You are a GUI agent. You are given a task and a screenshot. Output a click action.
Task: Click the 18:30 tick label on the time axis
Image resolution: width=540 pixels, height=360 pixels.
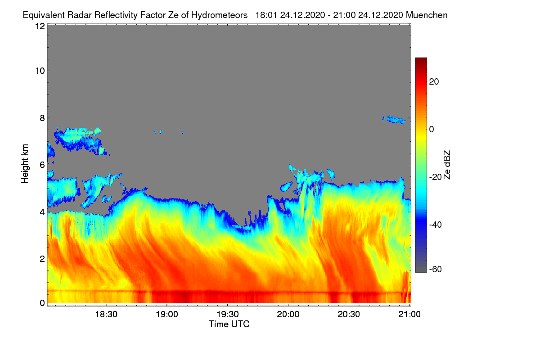(x=106, y=314)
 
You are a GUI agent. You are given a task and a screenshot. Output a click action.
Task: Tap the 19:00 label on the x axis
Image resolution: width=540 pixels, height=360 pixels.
(x=167, y=314)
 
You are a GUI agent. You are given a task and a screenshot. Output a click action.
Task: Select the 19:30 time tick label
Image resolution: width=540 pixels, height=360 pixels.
(x=228, y=314)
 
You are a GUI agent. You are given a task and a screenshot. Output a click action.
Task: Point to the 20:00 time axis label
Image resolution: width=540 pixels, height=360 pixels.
(x=288, y=314)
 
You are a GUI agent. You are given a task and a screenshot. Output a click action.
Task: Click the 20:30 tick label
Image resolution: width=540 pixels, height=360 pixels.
(x=349, y=314)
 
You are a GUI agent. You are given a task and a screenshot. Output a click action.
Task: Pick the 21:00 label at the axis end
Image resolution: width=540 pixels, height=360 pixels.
(x=409, y=314)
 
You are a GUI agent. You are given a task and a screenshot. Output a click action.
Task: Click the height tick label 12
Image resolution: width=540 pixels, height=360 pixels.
(x=40, y=26)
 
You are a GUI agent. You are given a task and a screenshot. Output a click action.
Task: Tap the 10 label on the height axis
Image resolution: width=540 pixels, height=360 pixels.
(x=40, y=71)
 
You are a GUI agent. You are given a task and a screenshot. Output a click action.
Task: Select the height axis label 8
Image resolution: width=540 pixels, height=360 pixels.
(x=43, y=118)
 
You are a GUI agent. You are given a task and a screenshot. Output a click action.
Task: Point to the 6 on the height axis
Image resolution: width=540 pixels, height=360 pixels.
(x=43, y=165)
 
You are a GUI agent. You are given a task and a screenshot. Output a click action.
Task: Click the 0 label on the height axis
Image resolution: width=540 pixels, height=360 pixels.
(x=43, y=303)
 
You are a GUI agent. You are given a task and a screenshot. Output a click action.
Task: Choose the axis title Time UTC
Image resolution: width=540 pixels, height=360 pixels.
(x=229, y=324)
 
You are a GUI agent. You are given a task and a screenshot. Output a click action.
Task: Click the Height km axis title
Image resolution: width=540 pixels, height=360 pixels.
(x=25, y=164)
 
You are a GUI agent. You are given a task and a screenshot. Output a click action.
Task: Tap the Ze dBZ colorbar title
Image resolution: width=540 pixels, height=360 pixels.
(x=447, y=165)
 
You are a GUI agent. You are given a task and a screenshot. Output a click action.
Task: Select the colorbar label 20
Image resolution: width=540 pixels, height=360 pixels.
(x=434, y=82)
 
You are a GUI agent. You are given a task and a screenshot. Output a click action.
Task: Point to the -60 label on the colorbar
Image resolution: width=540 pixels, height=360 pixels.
(x=436, y=269)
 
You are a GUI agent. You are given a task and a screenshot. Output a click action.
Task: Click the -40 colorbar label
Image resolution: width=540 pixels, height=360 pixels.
(x=436, y=225)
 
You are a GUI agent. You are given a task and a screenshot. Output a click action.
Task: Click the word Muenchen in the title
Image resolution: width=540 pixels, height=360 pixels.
(x=427, y=15)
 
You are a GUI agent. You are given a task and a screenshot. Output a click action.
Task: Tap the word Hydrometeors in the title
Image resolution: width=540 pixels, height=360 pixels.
(x=220, y=15)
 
